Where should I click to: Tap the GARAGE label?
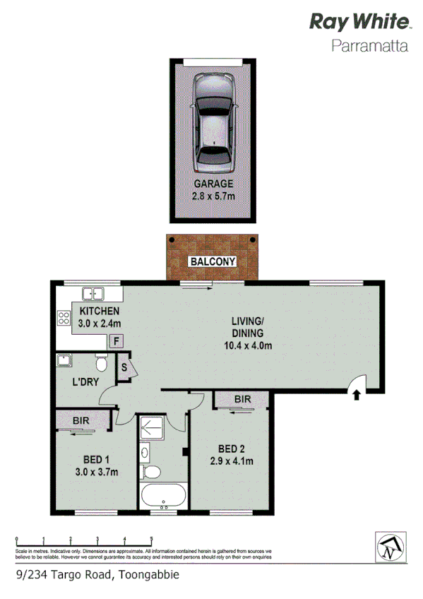pos(213,184)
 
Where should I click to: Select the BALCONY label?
pos(213,261)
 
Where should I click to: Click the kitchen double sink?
pos(93,294)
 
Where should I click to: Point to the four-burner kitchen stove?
pos(64,319)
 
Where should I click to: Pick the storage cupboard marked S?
pos(124,368)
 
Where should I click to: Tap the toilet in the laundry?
pos(101,364)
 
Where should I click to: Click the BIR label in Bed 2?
pos(242,399)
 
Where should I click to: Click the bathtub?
pos(163,495)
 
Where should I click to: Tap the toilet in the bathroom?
pos(151,471)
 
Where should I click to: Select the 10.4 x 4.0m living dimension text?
pos(247,345)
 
